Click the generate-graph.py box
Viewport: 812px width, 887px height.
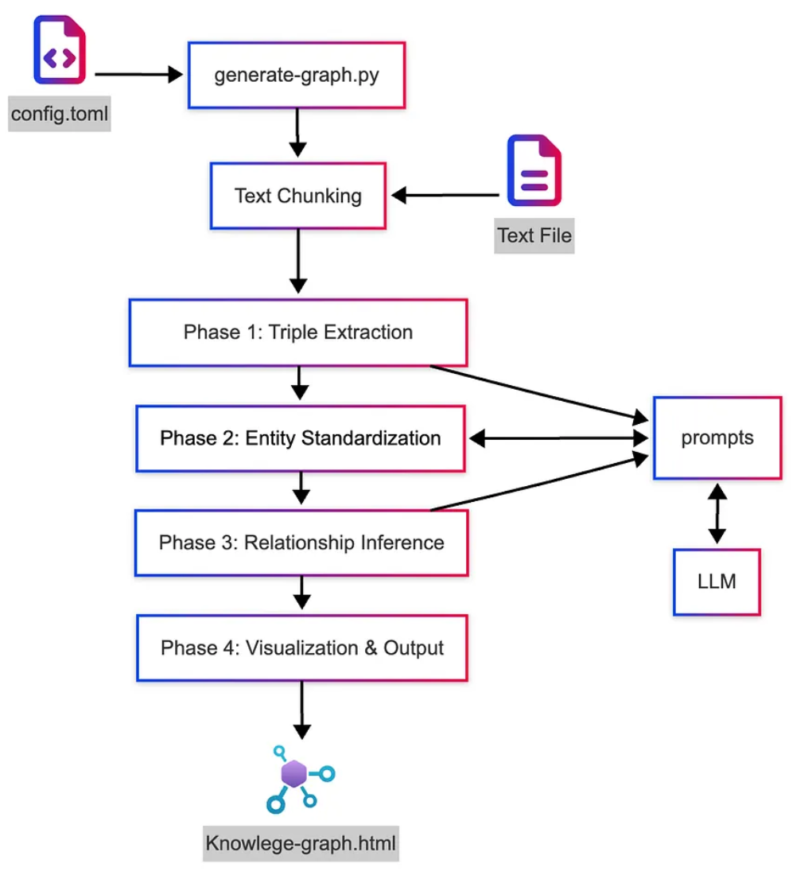tap(297, 76)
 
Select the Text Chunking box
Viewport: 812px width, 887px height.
tap(298, 196)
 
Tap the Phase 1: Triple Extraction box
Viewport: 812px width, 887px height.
tap(298, 333)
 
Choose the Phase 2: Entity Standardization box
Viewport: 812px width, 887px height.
tap(300, 438)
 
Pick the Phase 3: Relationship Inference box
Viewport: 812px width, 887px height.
tap(301, 543)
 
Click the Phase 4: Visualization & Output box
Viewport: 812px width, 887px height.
tap(301, 648)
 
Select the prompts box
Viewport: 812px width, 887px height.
tap(717, 438)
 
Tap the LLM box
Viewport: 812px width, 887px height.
tap(717, 582)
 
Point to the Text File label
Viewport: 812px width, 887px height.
tap(534, 236)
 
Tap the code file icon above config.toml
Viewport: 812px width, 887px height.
tap(60, 52)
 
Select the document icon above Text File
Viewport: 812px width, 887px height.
tap(534, 170)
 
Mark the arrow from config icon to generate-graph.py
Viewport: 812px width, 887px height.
tap(139, 75)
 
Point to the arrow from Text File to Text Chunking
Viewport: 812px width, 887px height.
tap(445, 195)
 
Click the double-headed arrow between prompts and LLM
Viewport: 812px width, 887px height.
tap(717, 514)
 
